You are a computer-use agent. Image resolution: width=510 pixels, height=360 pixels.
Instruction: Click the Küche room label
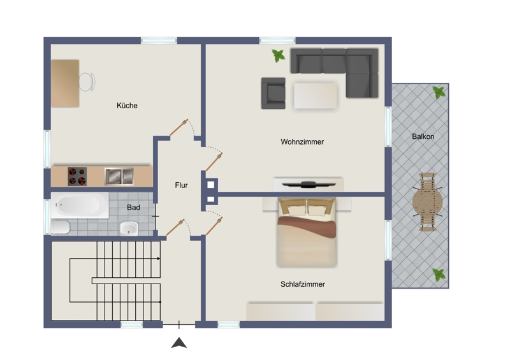click(127, 105)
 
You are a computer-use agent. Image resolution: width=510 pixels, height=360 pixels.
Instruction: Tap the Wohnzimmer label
click(302, 142)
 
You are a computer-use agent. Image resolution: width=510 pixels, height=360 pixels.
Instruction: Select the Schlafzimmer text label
click(302, 284)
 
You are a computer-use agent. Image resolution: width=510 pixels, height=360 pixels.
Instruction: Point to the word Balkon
click(423, 136)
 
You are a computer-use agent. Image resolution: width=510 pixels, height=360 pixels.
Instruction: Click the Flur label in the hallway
click(181, 185)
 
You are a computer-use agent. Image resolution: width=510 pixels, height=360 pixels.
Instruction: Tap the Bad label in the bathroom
click(133, 208)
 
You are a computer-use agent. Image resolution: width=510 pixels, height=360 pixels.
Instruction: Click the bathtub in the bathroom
click(80, 205)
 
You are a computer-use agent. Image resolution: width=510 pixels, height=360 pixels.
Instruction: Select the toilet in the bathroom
click(61, 227)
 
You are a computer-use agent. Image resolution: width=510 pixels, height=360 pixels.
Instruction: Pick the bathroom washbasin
click(129, 228)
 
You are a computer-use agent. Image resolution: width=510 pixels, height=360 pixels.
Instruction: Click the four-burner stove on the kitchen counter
click(77, 176)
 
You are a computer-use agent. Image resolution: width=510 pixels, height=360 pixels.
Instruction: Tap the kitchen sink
click(119, 176)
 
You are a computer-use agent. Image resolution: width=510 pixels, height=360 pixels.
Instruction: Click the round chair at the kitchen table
click(87, 82)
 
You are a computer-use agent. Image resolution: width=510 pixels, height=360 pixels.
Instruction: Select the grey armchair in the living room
click(273, 93)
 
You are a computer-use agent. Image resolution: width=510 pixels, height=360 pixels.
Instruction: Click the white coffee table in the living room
click(315, 96)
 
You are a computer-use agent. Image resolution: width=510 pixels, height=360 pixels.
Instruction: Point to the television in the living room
click(309, 185)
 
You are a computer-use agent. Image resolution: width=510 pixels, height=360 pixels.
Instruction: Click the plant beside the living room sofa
click(279, 55)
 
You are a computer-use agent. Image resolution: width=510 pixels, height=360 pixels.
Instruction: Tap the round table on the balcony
click(427, 202)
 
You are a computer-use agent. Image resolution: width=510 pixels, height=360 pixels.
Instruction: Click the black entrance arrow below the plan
click(179, 343)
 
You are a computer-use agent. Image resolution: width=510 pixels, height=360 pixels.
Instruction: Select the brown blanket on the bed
click(307, 227)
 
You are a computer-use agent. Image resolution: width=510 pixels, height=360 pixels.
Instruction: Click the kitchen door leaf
click(179, 127)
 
